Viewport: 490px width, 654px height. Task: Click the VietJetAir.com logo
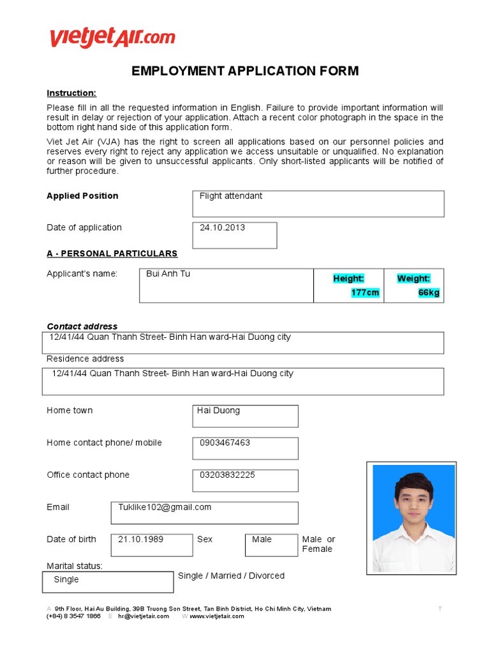pyautogui.click(x=112, y=38)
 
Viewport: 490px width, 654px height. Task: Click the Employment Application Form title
pyautogui.click(x=245, y=71)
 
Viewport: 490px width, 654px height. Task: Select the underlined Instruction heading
pyautogui.click(x=71, y=93)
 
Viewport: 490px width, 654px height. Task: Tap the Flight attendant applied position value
pyautogui.click(x=230, y=196)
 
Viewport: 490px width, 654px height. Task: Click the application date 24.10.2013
pyautogui.click(x=222, y=227)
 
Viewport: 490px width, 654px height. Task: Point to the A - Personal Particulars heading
pyautogui.click(x=112, y=254)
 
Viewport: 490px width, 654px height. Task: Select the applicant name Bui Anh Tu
pyautogui.click(x=168, y=274)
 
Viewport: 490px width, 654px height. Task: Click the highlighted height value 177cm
pyautogui.click(x=365, y=293)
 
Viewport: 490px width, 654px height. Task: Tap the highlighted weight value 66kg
pyautogui.click(x=429, y=293)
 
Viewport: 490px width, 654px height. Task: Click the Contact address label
pyautogui.click(x=82, y=326)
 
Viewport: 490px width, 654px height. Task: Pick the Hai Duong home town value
pyautogui.click(x=218, y=411)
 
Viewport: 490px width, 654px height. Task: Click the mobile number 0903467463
pyautogui.click(x=225, y=443)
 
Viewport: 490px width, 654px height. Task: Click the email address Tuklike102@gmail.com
pyautogui.click(x=165, y=507)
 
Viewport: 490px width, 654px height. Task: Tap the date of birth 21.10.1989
pyautogui.click(x=140, y=539)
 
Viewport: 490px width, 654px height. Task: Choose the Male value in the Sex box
pyautogui.click(x=262, y=539)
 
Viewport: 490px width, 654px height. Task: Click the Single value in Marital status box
pyautogui.click(x=66, y=579)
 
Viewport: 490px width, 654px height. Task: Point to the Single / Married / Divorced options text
pyautogui.click(x=231, y=575)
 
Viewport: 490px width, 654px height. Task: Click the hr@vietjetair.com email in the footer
pyautogui.click(x=144, y=616)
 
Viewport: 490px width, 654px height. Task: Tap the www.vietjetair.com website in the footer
pyautogui.click(x=216, y=616)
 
